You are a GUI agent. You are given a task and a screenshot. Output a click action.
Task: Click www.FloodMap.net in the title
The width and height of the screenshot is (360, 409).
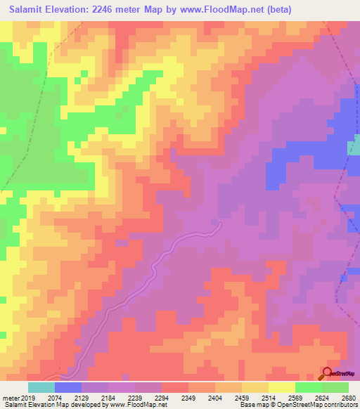click(x=220, y=9)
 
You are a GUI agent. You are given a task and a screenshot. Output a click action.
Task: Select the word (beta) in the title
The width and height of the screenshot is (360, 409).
click(x=276, y=9)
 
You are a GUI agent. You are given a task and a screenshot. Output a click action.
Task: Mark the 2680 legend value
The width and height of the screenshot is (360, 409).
click(x=348, y=398)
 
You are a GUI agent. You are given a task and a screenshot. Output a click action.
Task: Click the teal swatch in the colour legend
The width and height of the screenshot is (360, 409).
click(x=41, y=387)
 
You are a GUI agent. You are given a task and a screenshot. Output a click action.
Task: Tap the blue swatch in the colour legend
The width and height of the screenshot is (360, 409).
click(x=68, y=387)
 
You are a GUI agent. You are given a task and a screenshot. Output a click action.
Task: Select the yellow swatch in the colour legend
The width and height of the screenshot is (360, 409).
click(x=282, y=387)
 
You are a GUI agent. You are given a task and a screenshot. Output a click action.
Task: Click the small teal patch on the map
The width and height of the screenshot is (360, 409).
click(x=354, y=145)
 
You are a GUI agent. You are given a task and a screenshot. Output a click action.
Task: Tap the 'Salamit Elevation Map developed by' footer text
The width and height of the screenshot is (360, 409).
click(x=50, y=405)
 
